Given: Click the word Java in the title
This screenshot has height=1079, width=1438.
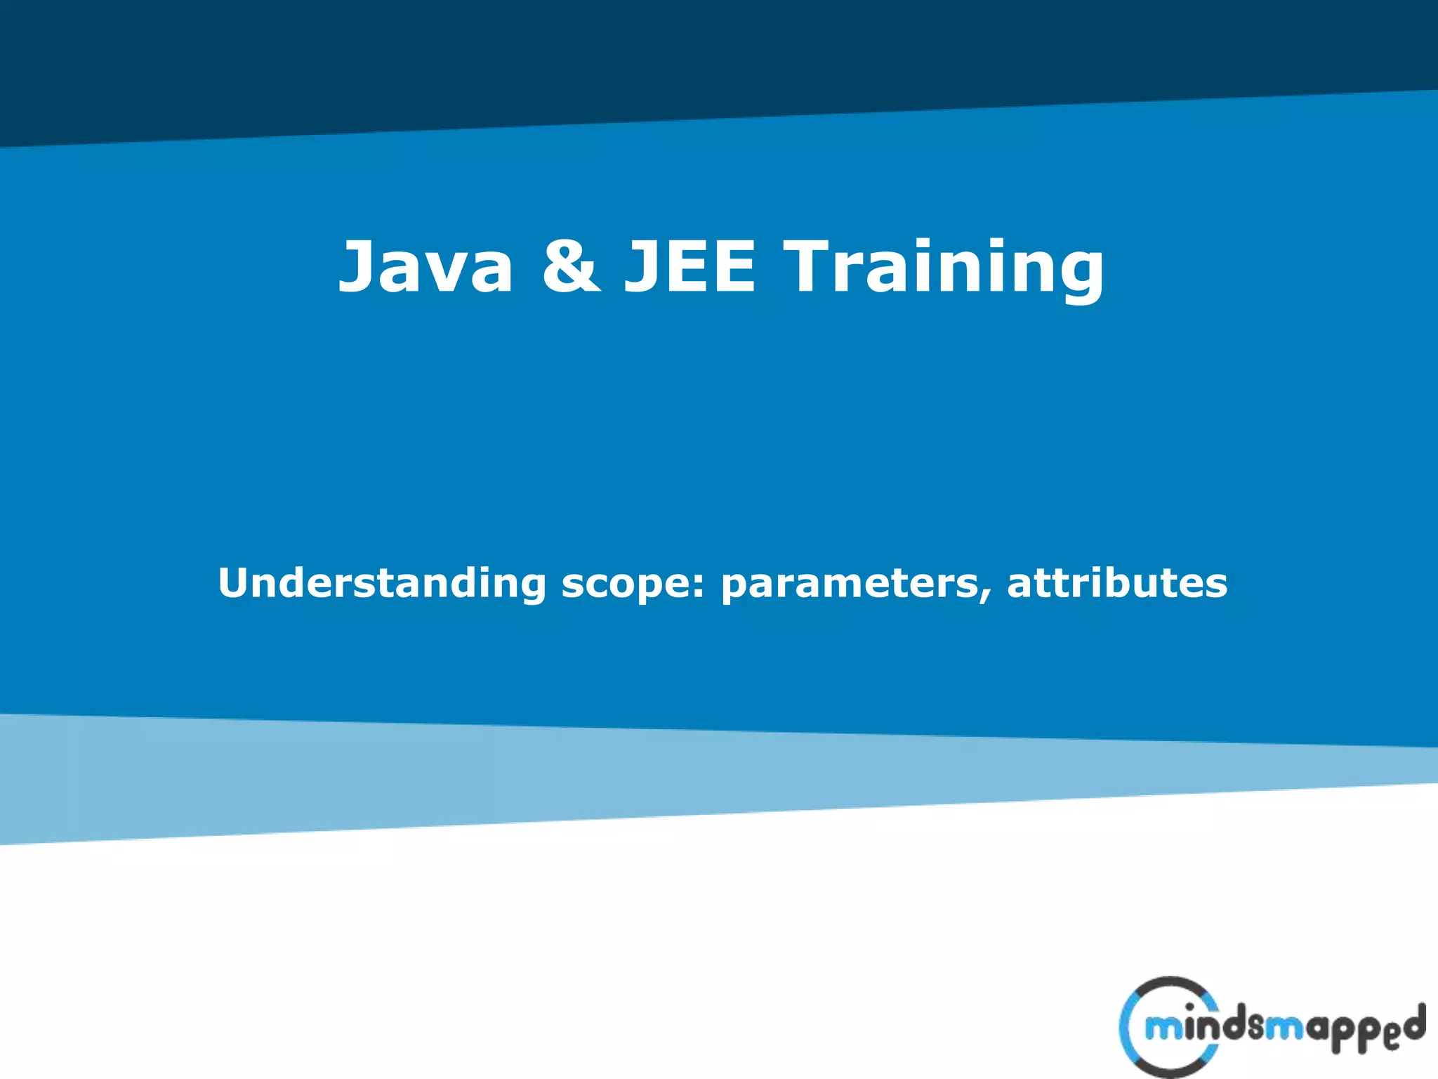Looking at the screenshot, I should coord(426,267).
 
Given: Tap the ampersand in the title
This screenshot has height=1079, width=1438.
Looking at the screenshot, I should coord(571,267).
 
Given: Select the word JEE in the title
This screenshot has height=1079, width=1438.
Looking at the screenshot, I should coord(690,267).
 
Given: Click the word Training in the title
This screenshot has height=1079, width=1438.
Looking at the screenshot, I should coord(944,267).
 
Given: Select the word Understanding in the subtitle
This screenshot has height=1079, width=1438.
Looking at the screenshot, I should coord(381,583).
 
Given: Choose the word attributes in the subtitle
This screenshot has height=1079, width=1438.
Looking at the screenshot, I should coord(1117,583).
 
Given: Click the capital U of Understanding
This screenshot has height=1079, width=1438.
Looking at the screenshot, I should coord(233,583).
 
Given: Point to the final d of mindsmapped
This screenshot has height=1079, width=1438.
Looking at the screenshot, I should coord(1413,1021).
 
